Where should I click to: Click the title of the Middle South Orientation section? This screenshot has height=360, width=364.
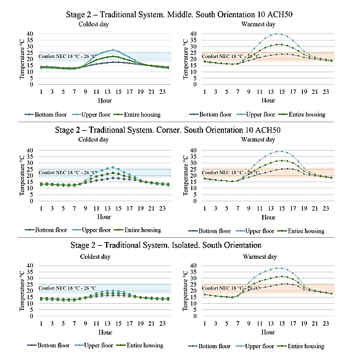click(x=179, y=14)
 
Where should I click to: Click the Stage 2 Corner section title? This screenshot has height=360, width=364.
click(x=168, y=130)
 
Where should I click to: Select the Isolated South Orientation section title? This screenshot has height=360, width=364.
click(x=166, y=245)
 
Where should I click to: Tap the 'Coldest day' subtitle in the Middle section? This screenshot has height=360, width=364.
click(x=94, y=24)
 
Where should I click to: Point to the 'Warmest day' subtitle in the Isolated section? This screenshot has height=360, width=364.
click(x=260, y=257)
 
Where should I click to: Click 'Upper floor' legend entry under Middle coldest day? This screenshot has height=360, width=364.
click(x=91, y=115)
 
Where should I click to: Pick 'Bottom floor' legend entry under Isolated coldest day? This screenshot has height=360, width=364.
click(x=49, y=345)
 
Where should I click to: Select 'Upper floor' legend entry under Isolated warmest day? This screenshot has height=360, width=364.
click(x=255, y=346)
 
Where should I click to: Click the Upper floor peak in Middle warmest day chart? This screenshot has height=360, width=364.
click(x=276, y=34)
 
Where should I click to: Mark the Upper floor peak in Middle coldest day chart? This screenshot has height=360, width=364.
click(x=113, y=50)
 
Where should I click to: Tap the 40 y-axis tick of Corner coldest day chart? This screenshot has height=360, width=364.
click(x=30, y=151)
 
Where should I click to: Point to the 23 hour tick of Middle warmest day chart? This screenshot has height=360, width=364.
click(x=326, y=92)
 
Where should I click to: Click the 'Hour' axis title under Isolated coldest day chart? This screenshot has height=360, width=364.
click(x=105, y=332)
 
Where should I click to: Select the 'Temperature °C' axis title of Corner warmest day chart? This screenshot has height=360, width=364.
click(x=185, y=175)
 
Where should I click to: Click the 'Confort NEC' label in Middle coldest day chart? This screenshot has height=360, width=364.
click(x=67, y=56)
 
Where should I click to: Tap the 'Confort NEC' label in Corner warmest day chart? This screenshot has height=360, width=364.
click(x=231, y=173)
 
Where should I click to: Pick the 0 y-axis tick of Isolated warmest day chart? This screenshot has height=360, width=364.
click(x=195, y=316)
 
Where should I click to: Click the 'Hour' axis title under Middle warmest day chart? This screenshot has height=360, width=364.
click(x=268, y=101)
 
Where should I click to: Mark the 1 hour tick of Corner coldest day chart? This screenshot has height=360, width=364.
click(x=41, y=209)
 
